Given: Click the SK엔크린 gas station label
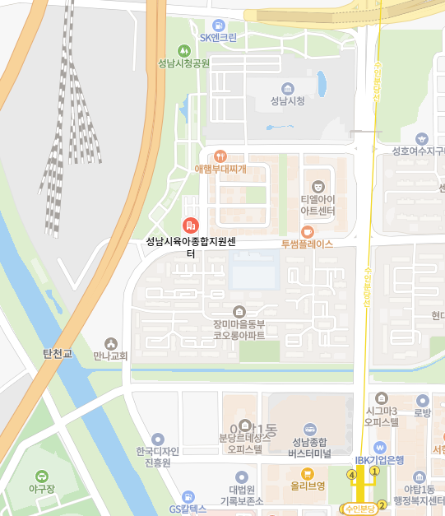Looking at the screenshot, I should (x=218, y=38).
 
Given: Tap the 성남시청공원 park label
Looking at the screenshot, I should (x=184, y=63).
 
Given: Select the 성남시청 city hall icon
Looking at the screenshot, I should (x=287, y=88).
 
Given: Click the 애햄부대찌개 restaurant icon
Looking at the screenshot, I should (x=220, y=156).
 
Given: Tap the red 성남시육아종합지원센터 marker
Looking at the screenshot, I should (x=190, y=225).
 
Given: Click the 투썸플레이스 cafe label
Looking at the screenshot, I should (x=307, y=244).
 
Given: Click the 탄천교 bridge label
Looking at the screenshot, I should (x=58, y=354).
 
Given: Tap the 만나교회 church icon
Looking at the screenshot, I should (x=111, y=343).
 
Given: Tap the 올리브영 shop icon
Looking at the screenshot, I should (x=308, y=473).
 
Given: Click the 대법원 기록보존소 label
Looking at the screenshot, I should (x=241, y=495).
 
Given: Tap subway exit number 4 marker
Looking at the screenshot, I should (x=352, y=475).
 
